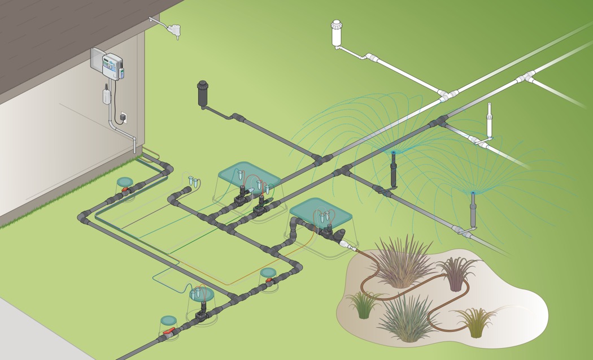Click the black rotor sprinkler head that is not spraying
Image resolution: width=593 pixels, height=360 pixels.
202,94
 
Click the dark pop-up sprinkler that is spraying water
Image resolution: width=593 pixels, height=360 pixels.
394,169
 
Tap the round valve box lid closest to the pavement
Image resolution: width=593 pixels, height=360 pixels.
168,320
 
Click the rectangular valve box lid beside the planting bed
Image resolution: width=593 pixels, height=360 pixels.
314,211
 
